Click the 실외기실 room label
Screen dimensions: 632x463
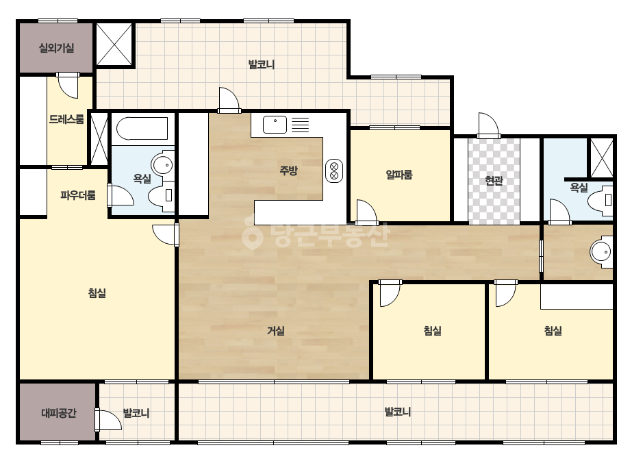point(56,49)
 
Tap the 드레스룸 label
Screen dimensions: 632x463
point(66,119)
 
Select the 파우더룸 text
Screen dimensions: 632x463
point(78,196)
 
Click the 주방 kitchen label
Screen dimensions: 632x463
point(288,170)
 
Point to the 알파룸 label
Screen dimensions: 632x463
point(399,175)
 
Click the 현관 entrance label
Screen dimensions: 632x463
point(494,181)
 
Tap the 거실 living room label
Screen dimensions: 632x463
point(276,331)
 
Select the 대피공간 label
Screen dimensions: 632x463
point(59,414)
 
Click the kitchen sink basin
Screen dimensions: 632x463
point(275,125)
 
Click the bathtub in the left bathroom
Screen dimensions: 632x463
point(142,128)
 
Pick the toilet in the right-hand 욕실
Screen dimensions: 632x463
point(601,199)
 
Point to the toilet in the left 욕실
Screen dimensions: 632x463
point(161,195)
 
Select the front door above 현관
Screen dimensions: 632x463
point(488,125)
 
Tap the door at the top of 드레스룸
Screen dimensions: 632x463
point(68,85)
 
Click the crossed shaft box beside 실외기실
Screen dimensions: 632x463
point(114,44)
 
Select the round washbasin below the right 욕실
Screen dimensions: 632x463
point(601,251)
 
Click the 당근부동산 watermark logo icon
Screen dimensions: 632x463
point(252,234)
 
